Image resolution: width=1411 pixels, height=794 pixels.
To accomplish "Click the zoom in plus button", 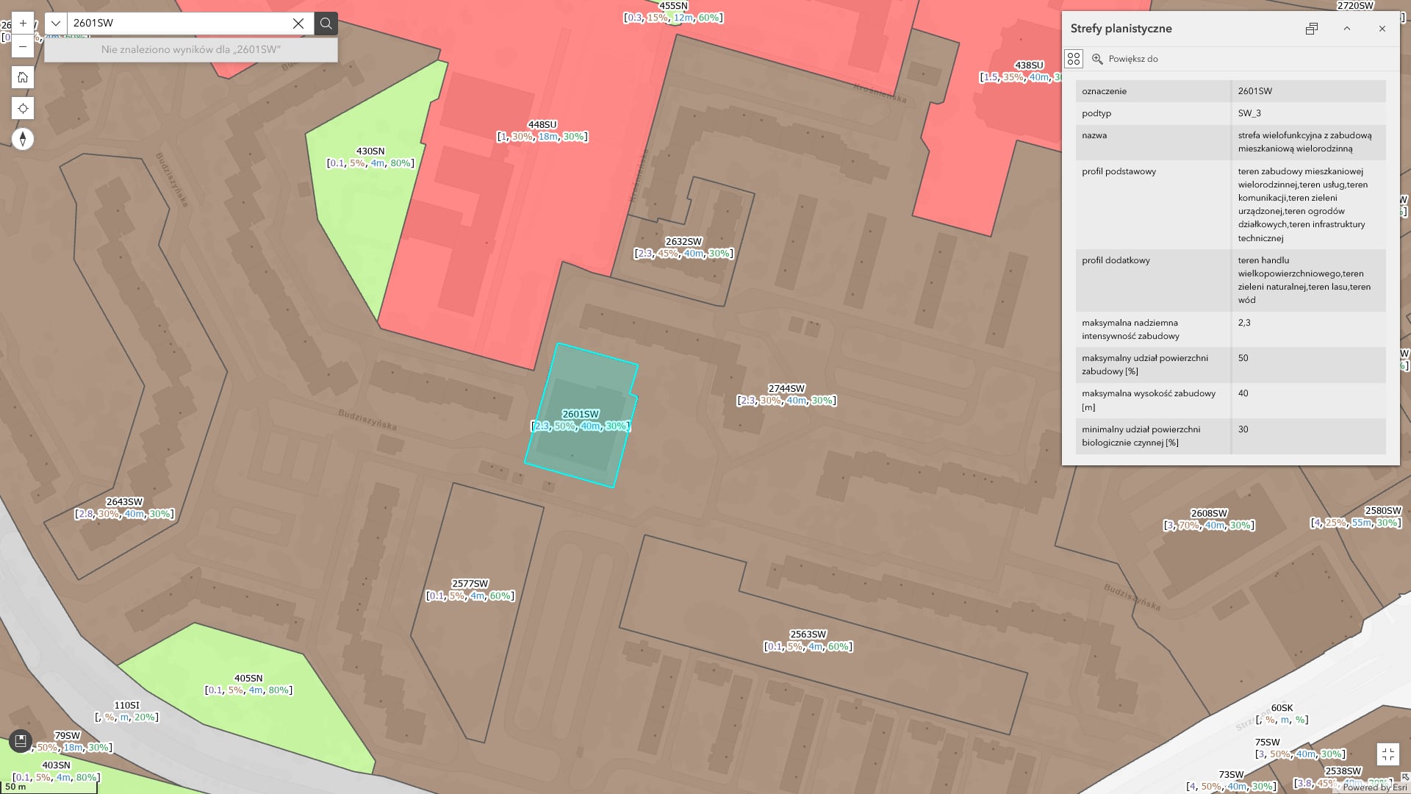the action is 23,23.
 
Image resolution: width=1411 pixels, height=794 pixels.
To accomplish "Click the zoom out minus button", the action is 23,46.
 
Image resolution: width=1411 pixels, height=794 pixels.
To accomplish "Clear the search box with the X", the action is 298,24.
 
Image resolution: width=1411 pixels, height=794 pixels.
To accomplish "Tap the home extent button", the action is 23,77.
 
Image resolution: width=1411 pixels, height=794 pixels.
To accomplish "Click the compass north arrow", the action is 23,139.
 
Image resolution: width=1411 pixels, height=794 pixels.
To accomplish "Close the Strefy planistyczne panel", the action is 1382,29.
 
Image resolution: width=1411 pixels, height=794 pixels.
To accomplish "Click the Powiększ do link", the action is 1132,59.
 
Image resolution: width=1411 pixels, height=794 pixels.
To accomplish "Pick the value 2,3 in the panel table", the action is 1244,323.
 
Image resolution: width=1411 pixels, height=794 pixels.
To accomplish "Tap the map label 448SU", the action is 542,125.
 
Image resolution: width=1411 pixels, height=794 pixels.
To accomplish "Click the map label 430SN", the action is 370,151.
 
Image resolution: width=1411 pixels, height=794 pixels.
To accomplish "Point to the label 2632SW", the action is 683,242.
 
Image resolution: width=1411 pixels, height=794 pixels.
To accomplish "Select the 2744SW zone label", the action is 786,389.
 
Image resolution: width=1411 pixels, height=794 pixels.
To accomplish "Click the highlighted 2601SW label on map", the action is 581,415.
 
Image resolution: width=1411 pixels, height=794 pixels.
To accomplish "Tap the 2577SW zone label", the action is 470,584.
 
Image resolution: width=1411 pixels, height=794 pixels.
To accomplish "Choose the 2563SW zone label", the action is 808,634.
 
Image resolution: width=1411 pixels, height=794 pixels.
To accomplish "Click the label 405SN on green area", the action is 248,679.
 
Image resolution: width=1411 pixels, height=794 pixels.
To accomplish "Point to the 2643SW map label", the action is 124,502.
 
